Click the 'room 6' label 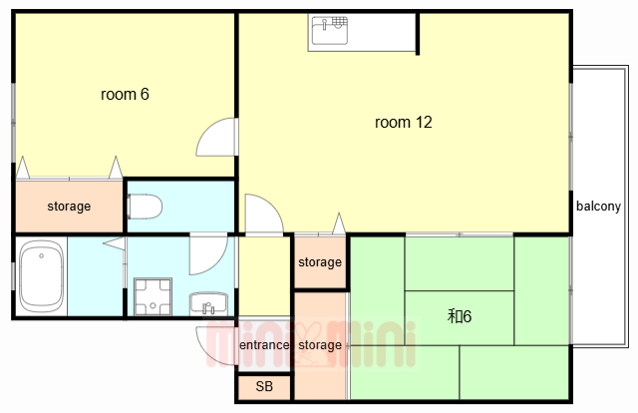125,95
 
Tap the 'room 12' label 403,122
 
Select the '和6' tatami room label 460,316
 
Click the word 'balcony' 598,206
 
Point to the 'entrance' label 264,345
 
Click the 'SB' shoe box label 264,386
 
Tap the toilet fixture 145,206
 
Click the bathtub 42,276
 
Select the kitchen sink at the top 330,30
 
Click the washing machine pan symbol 153,296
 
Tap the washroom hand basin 208,303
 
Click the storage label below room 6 69,206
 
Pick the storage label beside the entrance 320,345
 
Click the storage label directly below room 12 320,262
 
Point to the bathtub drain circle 41,255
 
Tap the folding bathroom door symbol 116,243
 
